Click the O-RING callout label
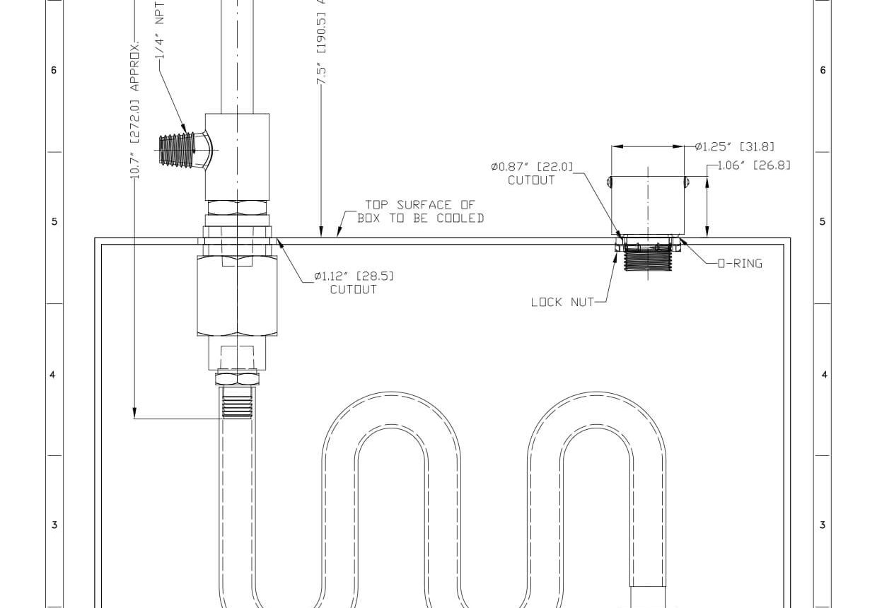pos(740,264)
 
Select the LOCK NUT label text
pos(562,302)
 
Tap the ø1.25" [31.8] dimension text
pos(734,147)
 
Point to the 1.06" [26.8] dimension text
pos(754,165)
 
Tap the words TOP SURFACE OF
pos(419,205)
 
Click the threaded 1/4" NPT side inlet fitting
pos(177,151)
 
